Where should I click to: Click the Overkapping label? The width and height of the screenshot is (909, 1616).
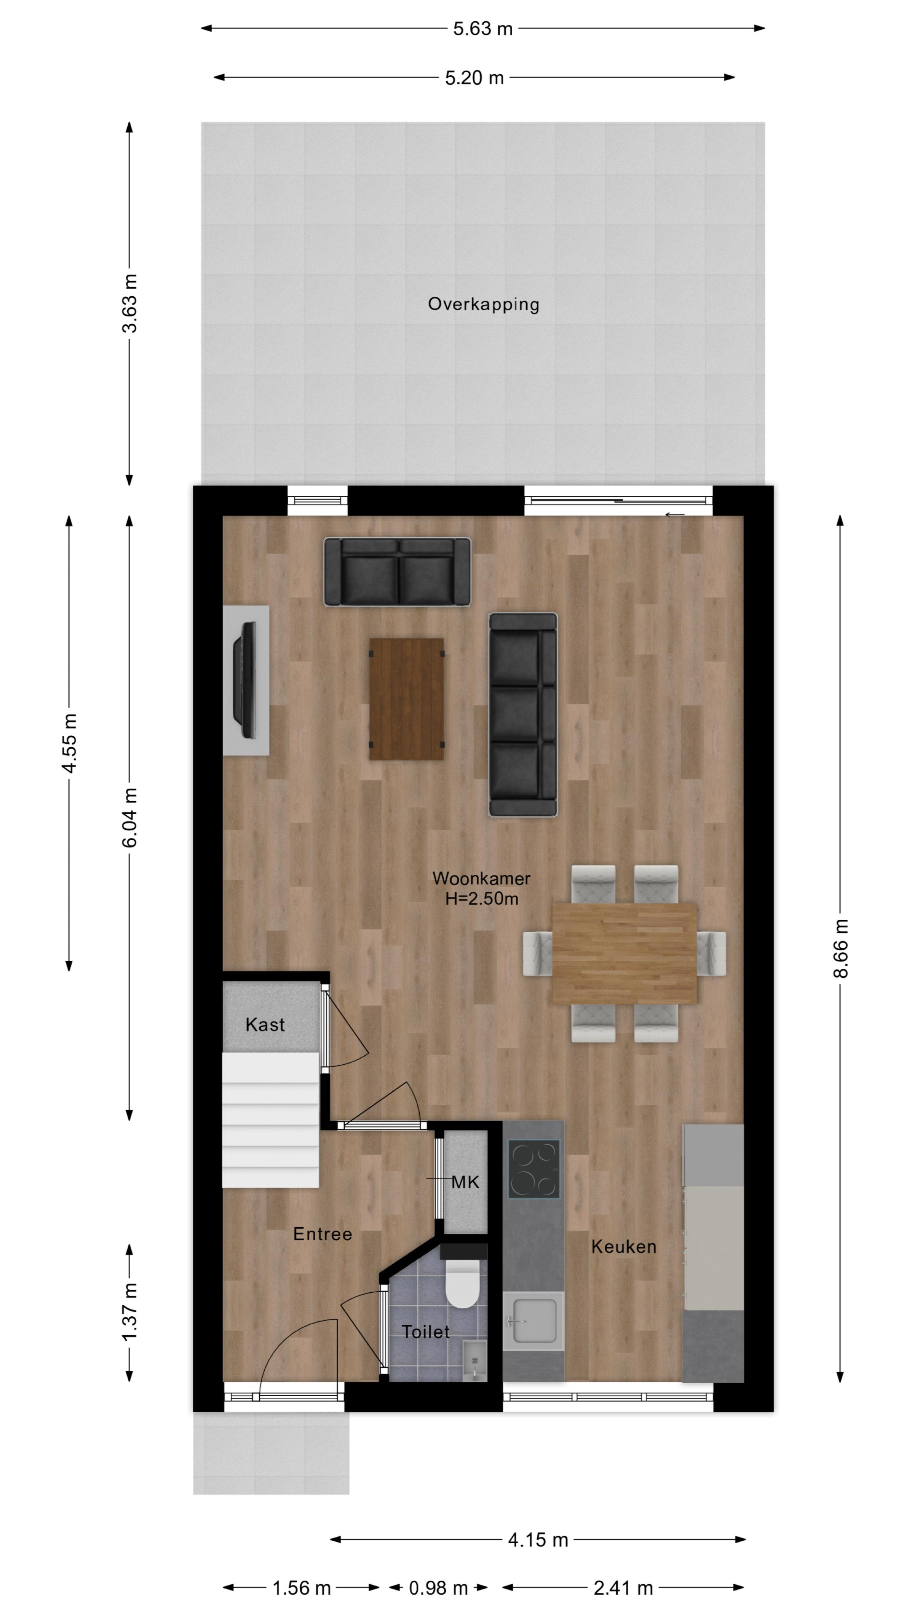(483, 305)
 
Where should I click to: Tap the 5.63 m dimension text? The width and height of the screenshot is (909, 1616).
(483, 29)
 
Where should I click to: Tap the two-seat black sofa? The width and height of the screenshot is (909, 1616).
(397, 572)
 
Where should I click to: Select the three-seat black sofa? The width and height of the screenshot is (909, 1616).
(523, 715)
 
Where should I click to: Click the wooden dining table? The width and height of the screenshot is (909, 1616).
(624, 953)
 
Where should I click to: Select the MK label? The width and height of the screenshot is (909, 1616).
(465, 1183)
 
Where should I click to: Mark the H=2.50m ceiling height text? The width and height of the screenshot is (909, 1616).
(482, 899)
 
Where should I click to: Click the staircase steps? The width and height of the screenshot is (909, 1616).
(271, 1120)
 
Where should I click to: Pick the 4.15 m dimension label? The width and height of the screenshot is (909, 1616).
(538, 1540)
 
